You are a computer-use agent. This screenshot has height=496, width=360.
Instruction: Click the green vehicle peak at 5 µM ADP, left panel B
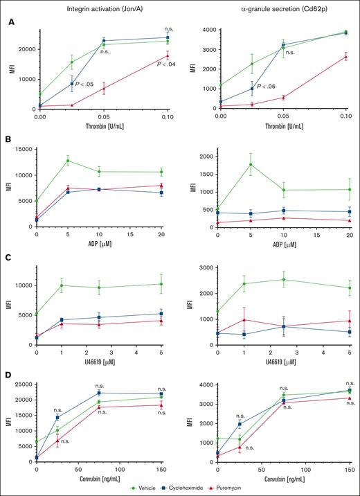pyautogui.click(x=68, y=161)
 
